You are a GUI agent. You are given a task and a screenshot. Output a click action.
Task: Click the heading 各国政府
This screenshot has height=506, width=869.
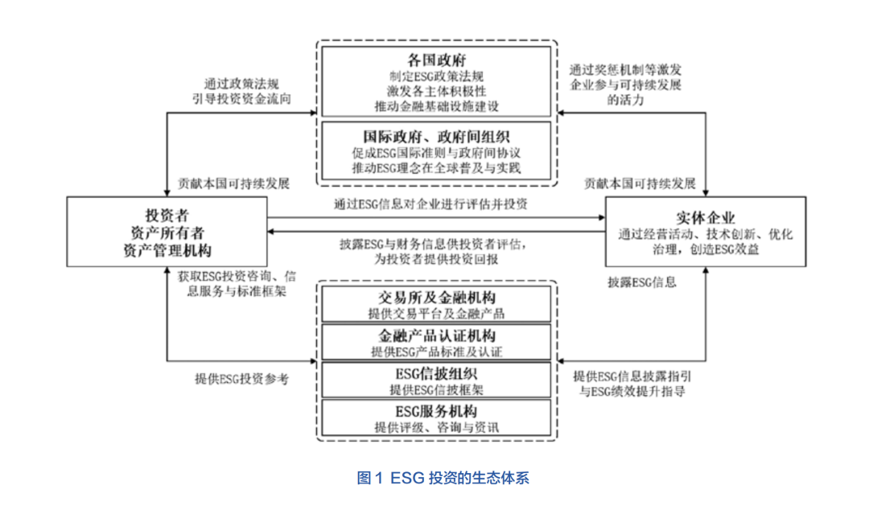[437, 60]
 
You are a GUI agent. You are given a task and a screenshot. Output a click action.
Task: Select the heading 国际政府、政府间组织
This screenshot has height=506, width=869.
[437, 136]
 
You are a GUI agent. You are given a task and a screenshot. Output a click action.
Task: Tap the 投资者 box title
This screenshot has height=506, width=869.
[167, 215]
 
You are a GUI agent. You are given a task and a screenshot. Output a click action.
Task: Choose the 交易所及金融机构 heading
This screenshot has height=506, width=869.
[437, 297]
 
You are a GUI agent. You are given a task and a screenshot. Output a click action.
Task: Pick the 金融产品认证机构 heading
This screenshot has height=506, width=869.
[437, 335]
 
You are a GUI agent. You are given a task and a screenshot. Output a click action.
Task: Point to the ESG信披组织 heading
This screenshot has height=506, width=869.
[437, 374]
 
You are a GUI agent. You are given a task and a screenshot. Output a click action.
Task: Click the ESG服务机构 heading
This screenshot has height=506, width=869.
[437, 412]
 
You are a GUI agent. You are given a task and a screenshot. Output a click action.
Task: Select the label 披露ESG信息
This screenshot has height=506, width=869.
[641, 282]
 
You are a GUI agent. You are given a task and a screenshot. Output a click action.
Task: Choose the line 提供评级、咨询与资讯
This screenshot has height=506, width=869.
[437, 427]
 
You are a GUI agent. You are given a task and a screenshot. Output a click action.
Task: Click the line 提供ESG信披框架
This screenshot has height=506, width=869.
[437, 389]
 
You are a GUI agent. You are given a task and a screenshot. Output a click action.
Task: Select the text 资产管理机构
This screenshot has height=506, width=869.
[167, 248]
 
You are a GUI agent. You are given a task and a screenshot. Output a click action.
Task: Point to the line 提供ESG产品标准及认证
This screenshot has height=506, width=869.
[437, 352]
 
